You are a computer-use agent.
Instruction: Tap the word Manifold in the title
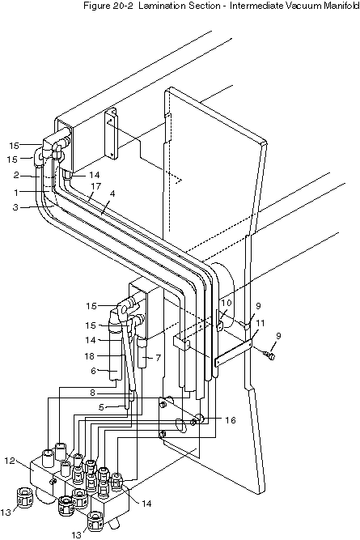(341, 6)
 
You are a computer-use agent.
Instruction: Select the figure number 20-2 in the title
(122, 6)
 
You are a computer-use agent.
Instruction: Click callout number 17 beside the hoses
(96, 186)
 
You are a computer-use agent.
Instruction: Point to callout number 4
(112, 193)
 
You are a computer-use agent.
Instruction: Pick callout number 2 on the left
(16, 175)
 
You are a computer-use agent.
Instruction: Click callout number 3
(16, 208)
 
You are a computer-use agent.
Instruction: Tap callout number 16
(231, 420)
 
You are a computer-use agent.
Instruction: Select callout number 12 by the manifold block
(10, 460)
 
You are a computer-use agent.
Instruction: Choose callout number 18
(90, 355)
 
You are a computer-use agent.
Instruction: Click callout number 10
(227, 303)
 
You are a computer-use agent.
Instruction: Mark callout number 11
(260, 323)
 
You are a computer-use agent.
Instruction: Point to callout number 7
(158, 358)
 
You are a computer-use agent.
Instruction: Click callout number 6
(94, 371)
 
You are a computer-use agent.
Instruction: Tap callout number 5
(101, 407)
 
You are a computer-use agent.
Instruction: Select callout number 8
(91, 393)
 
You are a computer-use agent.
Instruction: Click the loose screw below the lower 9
(269, 355)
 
